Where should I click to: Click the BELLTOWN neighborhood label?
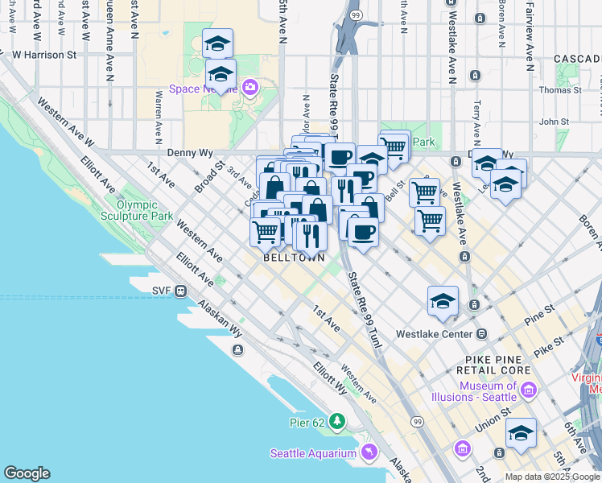click(294, 258)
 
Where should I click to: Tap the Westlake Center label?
click(434, 333)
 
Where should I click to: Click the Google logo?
click(27, 473)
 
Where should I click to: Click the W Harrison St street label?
click(43, 56)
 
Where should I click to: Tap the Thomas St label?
click(560, 90)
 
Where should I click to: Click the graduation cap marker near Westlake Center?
click(443, 301)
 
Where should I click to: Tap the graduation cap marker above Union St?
click(521, 433)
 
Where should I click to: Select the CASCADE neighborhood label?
click(577, 59)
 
